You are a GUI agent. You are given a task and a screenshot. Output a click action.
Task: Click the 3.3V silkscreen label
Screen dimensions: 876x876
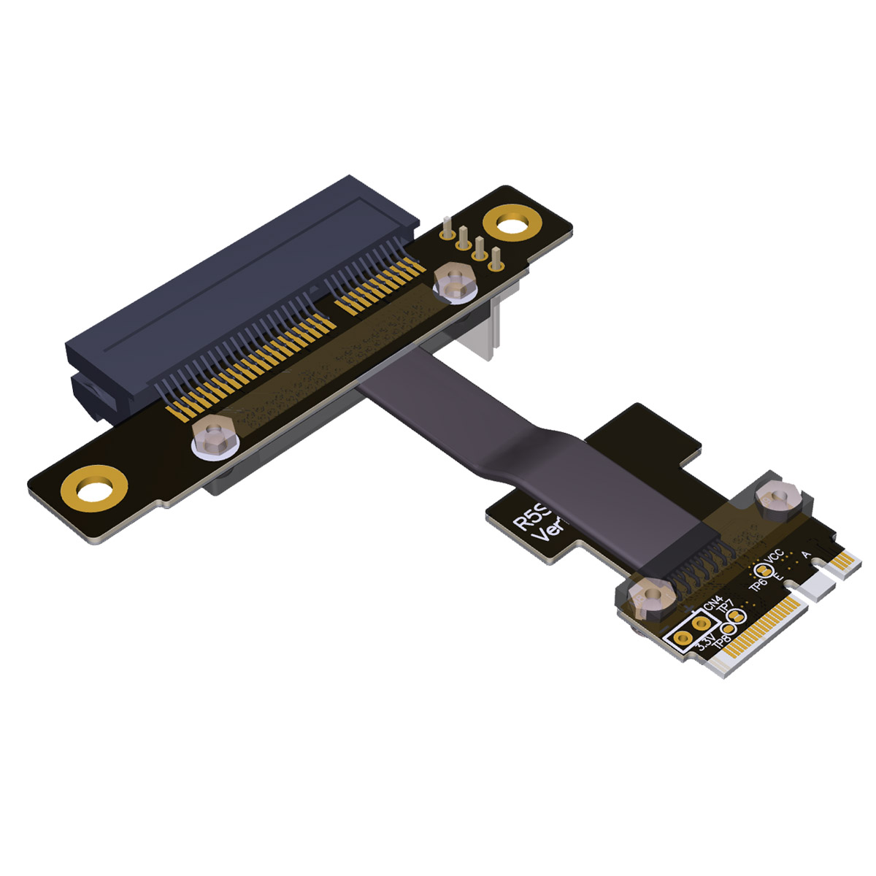[x=705, y=643]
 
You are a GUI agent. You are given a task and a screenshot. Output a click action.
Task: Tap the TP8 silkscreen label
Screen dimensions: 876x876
[x=720, y=642]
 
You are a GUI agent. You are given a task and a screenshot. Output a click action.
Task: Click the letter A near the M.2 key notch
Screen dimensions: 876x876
[x=805, y=555]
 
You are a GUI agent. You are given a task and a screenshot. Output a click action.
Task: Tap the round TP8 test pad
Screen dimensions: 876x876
[x=729, y=629]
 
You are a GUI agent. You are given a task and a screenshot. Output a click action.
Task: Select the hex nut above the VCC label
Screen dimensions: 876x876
[x=779, y=501]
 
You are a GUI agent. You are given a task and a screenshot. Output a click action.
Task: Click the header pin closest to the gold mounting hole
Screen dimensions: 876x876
[x=496, y=258]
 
